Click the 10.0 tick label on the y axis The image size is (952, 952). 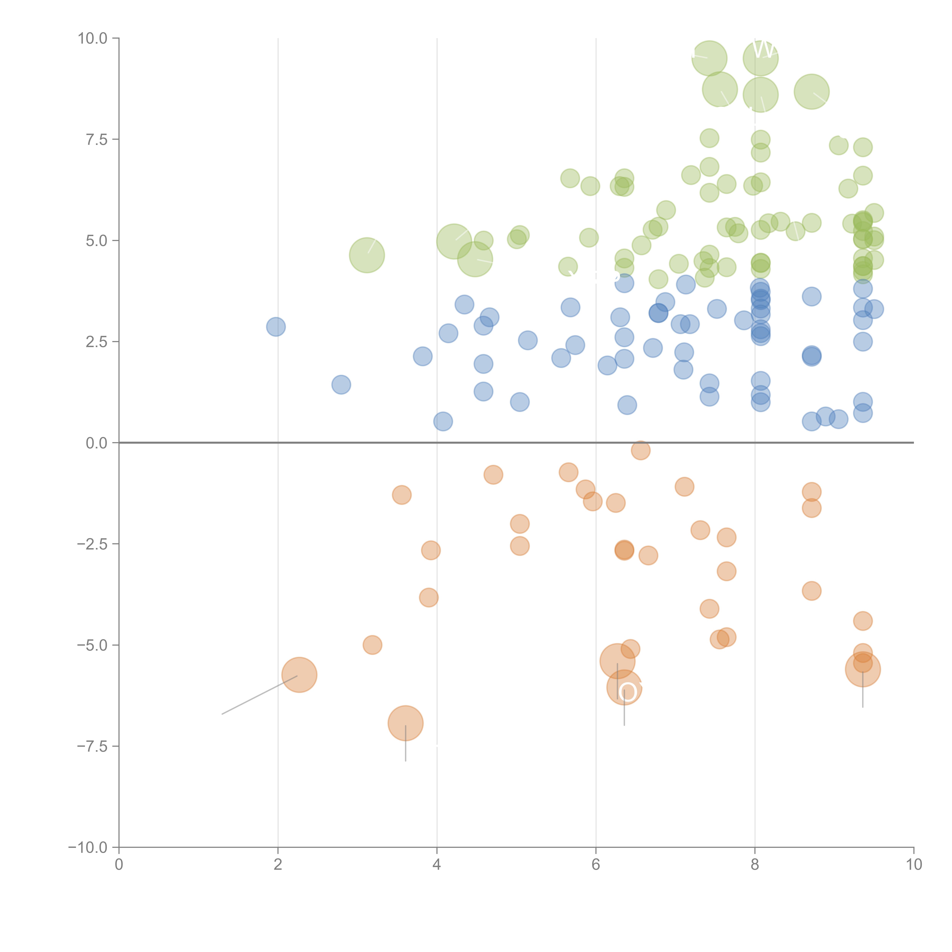pos(93,38)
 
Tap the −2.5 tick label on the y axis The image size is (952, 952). pos(93,544)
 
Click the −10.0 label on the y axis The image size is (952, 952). pos(89,847)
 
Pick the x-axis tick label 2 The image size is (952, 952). pos(278,865)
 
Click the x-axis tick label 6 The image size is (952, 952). pos(596,865)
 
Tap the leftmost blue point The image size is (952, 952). pos(276,327)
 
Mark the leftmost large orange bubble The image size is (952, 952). pos(299,675)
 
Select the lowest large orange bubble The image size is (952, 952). pos(406,723)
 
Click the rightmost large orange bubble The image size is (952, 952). pos(862,669)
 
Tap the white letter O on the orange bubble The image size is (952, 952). pos(627,692)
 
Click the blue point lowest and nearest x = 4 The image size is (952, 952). pos(443,421)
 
